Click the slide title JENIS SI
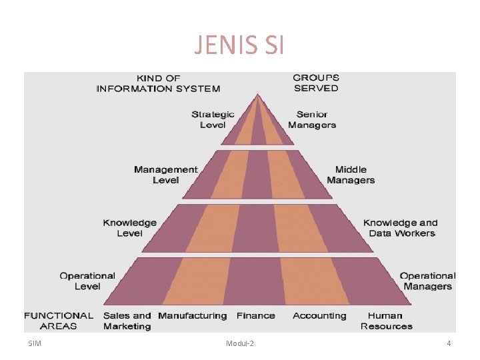[x=239, y=45]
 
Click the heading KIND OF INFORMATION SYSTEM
[x=158, y=83]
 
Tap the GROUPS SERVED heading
[x=316, y=83]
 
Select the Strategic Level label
[x=213, y=119]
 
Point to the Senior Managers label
[x=312, y=119]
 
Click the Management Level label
[x=165, y=175]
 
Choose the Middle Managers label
[x=351, y=175]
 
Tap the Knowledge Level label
[x=130, y=228]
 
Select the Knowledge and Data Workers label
[x=401, y=228]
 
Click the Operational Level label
[x=87, y=281]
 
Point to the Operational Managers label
[x=427, y=281]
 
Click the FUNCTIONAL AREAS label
[x=59, y=321]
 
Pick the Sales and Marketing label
[x=127, y=321]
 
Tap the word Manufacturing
[x=193, y=315]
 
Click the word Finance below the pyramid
[x=256, y=315]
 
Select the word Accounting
[x=319, y=315]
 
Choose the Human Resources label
[x=387, y=321]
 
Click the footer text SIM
[x=35, y=343]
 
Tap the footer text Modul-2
[x=240, y=343]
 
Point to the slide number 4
[x=449, y=343]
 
